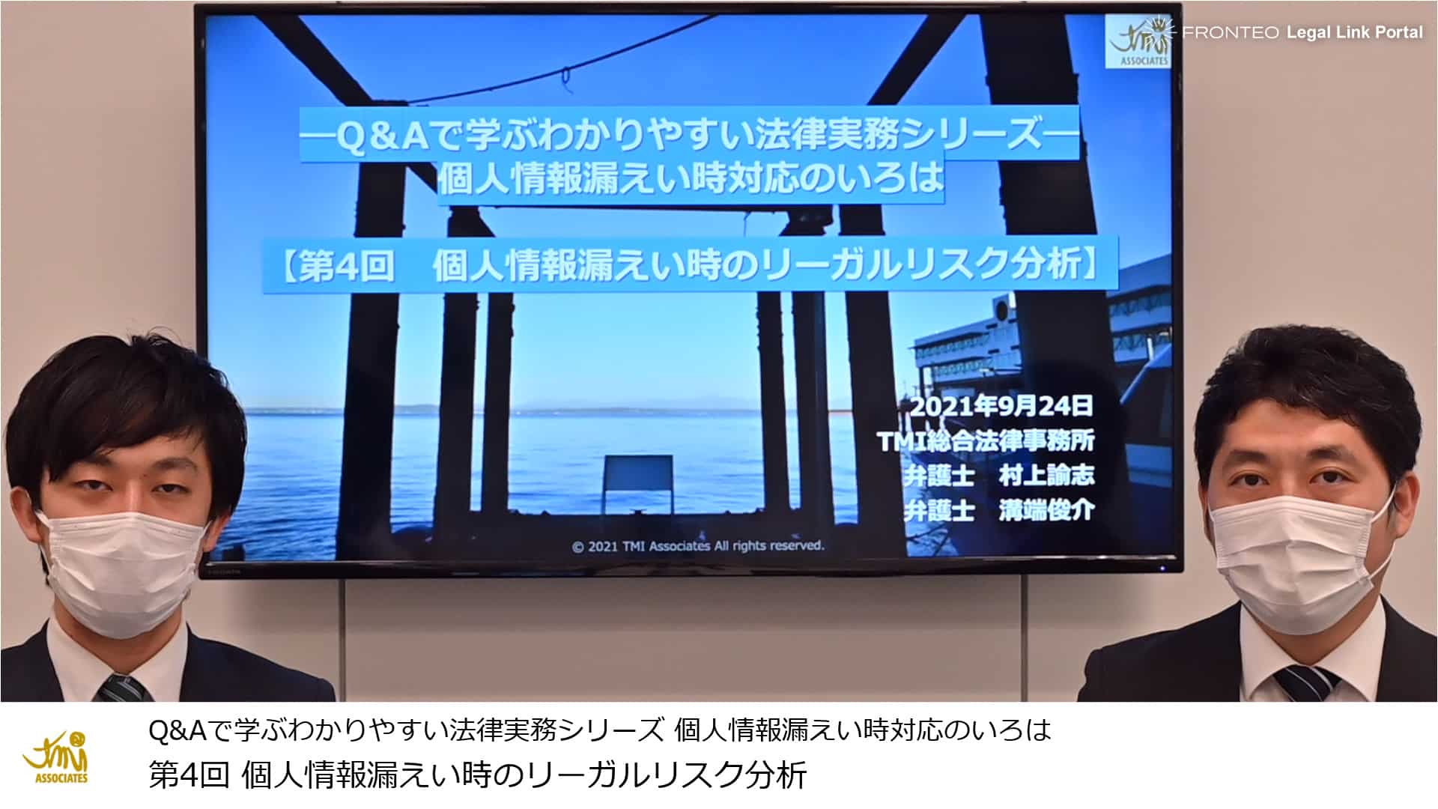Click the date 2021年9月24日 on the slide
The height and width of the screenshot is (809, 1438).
[1001, 407]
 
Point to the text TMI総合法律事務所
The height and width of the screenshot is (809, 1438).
[986, 441]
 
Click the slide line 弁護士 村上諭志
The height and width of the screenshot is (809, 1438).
[999, 476]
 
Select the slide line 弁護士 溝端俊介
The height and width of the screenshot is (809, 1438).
[999, 511]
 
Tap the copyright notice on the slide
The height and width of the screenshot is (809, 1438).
[698, 546]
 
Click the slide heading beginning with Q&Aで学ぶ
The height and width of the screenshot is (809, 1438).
[689, 135]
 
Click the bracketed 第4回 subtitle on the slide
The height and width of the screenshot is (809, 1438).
[689, 265]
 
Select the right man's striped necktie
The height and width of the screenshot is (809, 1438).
[1305, 683]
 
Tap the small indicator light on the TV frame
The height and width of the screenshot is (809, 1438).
[1163, 567]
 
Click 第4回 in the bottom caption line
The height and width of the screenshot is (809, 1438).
[189, 775]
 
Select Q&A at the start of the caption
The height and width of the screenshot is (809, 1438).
[178, 730]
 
